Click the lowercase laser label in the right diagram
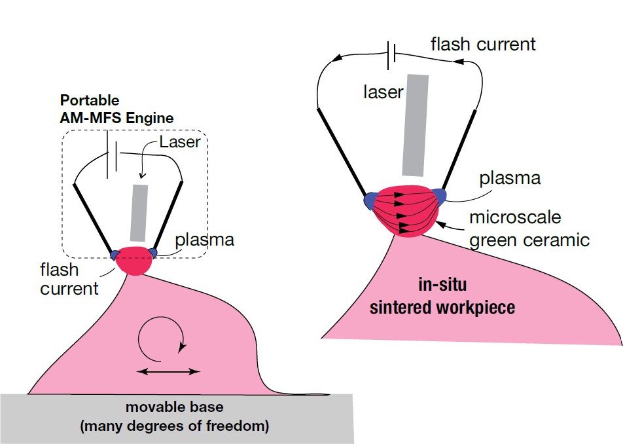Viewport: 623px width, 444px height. click(383, 92)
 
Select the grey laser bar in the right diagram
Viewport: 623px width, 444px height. click(415, 125)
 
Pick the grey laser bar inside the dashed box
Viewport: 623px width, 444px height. click(138, 212)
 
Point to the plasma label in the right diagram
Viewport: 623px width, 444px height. click(509, 179)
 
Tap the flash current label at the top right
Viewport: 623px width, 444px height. click(483, 45)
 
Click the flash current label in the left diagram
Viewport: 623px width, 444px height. click(68, 278)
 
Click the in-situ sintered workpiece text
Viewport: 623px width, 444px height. click(442, 296)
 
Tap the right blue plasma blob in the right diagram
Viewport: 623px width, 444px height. click(436, 195)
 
